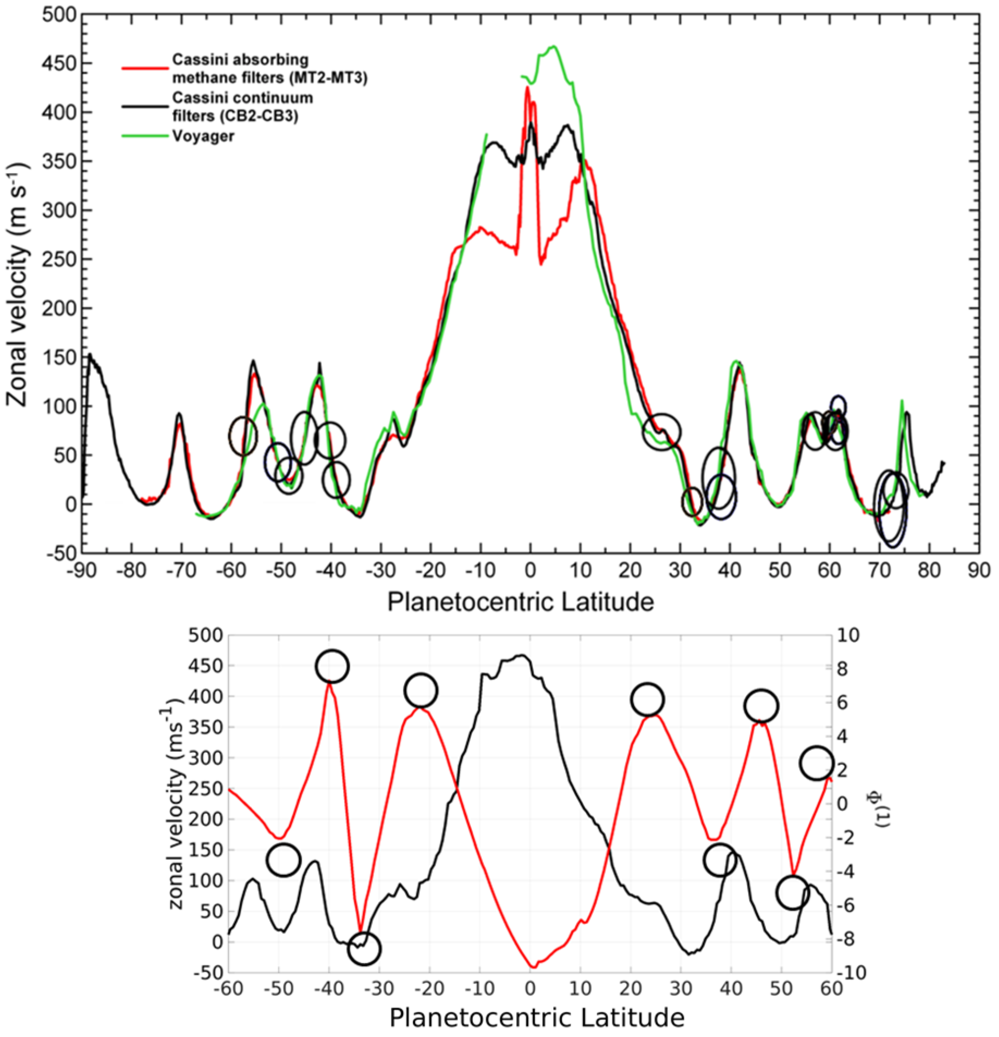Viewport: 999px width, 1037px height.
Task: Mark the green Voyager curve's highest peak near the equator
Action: coord(553,46)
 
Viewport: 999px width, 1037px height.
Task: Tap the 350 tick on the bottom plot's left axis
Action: coord(202,727)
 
